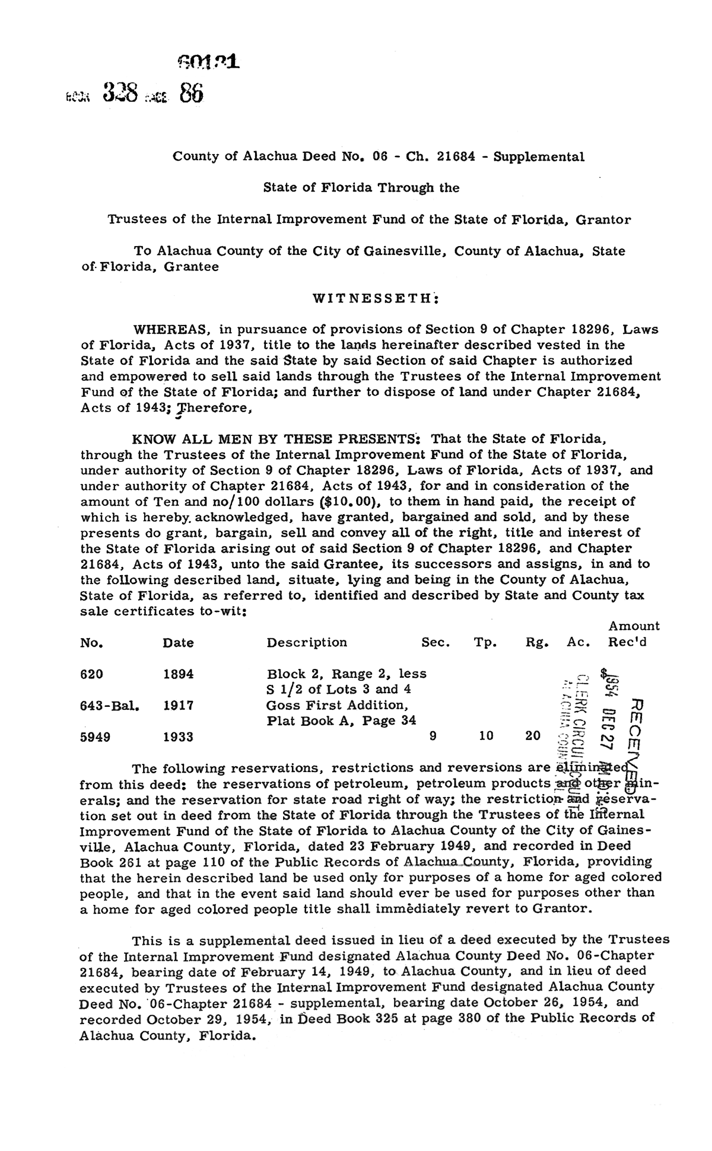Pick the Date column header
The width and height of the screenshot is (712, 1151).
click(178, 643)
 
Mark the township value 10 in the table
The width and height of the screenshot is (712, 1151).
click(485, 736)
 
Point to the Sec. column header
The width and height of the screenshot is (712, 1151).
click(436, 642)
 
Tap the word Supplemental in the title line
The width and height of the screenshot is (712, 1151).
click(539, 157)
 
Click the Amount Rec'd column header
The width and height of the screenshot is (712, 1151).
click(633, 634)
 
